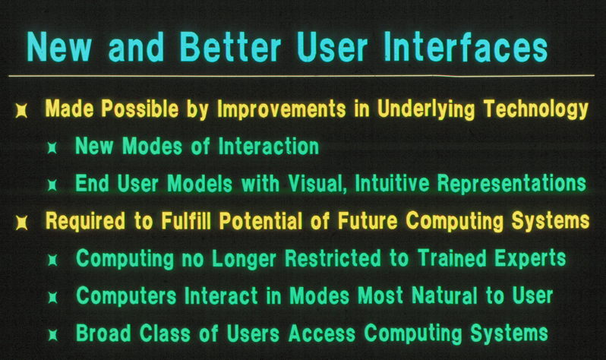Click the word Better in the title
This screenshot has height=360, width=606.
coord(231,47)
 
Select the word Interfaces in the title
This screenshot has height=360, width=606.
coord(466,47)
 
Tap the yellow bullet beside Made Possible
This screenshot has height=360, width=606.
coord(21,110)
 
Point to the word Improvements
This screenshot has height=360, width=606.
coord(281,109)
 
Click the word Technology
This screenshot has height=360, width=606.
coord(536,109)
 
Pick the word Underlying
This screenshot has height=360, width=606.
coord(426,109)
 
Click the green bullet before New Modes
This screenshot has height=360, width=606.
coord(52,147)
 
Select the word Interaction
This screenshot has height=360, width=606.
coord(269,146)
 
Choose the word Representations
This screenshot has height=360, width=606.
coord(512,183)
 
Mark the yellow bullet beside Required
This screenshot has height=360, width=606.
coord(21,223)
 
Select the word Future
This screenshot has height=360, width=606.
coord(367,221)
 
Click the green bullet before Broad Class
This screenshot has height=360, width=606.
coord(52,335)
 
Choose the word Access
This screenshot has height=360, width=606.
coord(321,333)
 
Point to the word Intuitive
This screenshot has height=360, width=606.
coord(392,183)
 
